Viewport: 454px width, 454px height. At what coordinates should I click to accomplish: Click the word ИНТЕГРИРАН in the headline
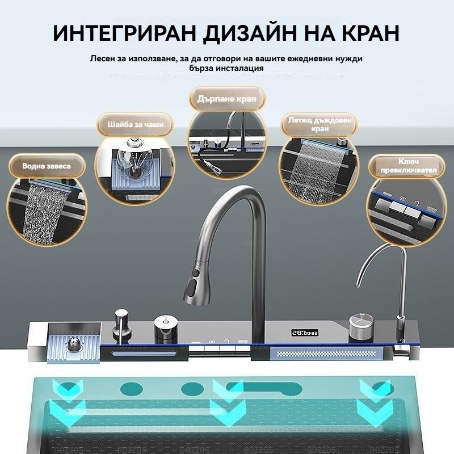point(124,33)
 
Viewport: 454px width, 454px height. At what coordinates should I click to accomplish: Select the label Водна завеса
point(47,166)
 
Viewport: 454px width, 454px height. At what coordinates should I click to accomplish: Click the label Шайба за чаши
point(136,125)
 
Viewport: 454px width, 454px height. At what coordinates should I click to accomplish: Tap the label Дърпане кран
point(226,99)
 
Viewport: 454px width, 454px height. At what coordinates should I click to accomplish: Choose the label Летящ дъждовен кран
point(320,124)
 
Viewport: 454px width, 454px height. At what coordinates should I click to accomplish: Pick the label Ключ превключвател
point(408,166)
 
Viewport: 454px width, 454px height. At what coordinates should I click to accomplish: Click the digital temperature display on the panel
point(305,333)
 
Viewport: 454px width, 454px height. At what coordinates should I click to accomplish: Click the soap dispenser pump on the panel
point(121,326)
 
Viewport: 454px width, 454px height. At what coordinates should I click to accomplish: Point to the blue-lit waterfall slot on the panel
point(144,354)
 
